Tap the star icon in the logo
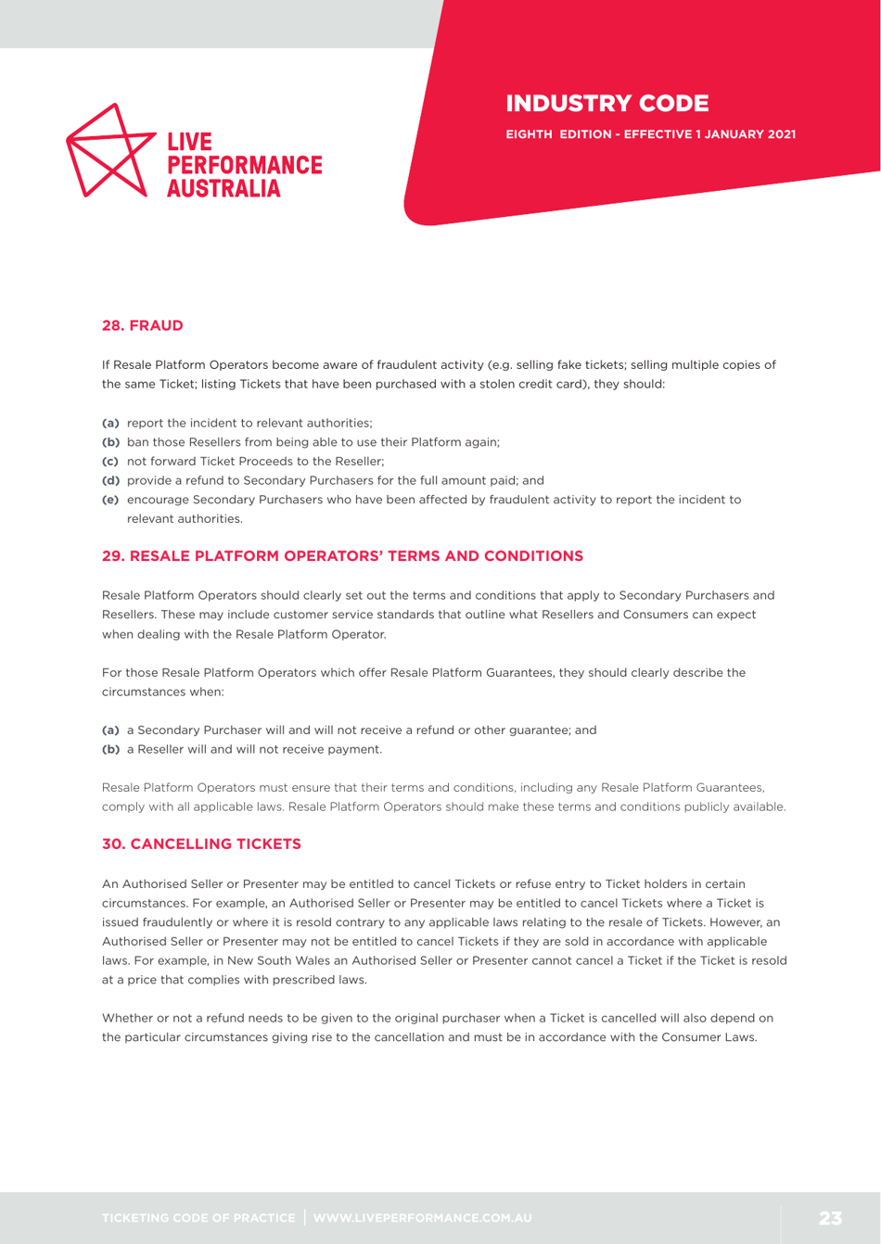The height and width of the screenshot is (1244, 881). point(109,150)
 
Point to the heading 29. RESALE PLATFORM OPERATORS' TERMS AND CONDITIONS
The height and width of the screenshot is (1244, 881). point(342,556)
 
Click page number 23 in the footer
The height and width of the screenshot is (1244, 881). point(829,1216)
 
